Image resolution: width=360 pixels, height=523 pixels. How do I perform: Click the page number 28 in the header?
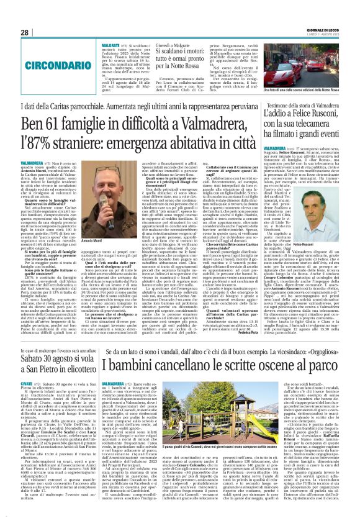tap(24, 33)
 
